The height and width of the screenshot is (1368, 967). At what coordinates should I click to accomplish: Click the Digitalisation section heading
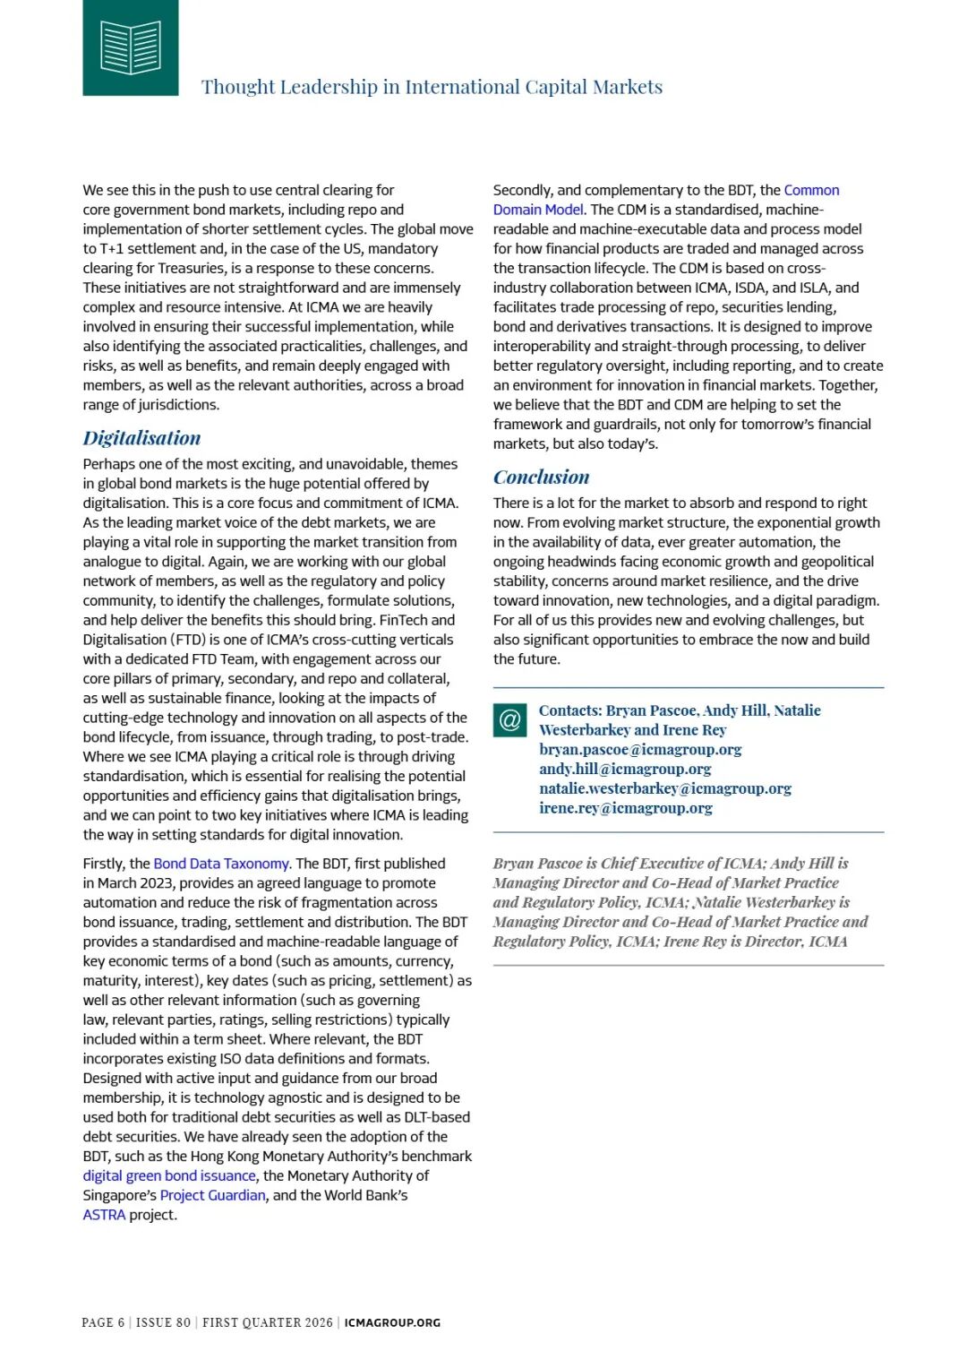click(x=141, y=438)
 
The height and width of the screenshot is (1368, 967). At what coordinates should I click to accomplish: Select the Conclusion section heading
click(x=541, y=478)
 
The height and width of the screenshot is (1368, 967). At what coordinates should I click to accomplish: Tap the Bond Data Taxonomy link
click(x=221, y=864)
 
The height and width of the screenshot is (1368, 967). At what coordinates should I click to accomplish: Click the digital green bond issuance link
click(x=169, y=1175)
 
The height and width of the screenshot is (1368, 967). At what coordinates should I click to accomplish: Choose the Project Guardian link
click(x=212, y=1195)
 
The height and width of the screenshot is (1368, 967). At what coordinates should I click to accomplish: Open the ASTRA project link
click(x=104, y=1215)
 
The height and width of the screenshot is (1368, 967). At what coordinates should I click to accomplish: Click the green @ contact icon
click(x=509, y=720)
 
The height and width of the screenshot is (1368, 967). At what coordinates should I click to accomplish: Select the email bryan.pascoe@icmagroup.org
click(x=640, y=749)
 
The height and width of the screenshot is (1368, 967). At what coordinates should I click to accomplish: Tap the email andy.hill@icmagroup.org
click(x=625, y=769)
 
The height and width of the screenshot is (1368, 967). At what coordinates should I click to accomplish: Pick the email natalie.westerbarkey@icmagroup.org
click(x=665, y=788)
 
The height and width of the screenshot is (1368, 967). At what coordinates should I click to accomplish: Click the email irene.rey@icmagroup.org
click(x=626, y=808)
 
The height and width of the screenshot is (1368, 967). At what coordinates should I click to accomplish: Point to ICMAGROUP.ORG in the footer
click(x=392, y=1322)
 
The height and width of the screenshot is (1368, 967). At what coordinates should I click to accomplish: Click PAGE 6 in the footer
click(x=103, y=1322)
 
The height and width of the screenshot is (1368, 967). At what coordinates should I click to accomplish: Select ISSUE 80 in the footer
click(x=163, y=1322)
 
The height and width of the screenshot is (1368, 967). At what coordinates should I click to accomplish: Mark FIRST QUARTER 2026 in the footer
click(x=267, y=1322)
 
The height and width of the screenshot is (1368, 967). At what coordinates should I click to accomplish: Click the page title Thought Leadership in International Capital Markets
click(x=432, y=87)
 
